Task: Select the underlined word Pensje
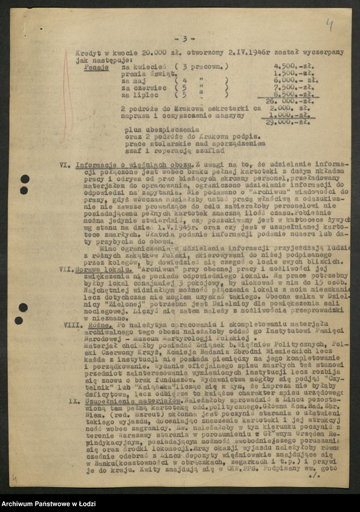pos(97,67)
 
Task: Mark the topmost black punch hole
pos(25,179)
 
